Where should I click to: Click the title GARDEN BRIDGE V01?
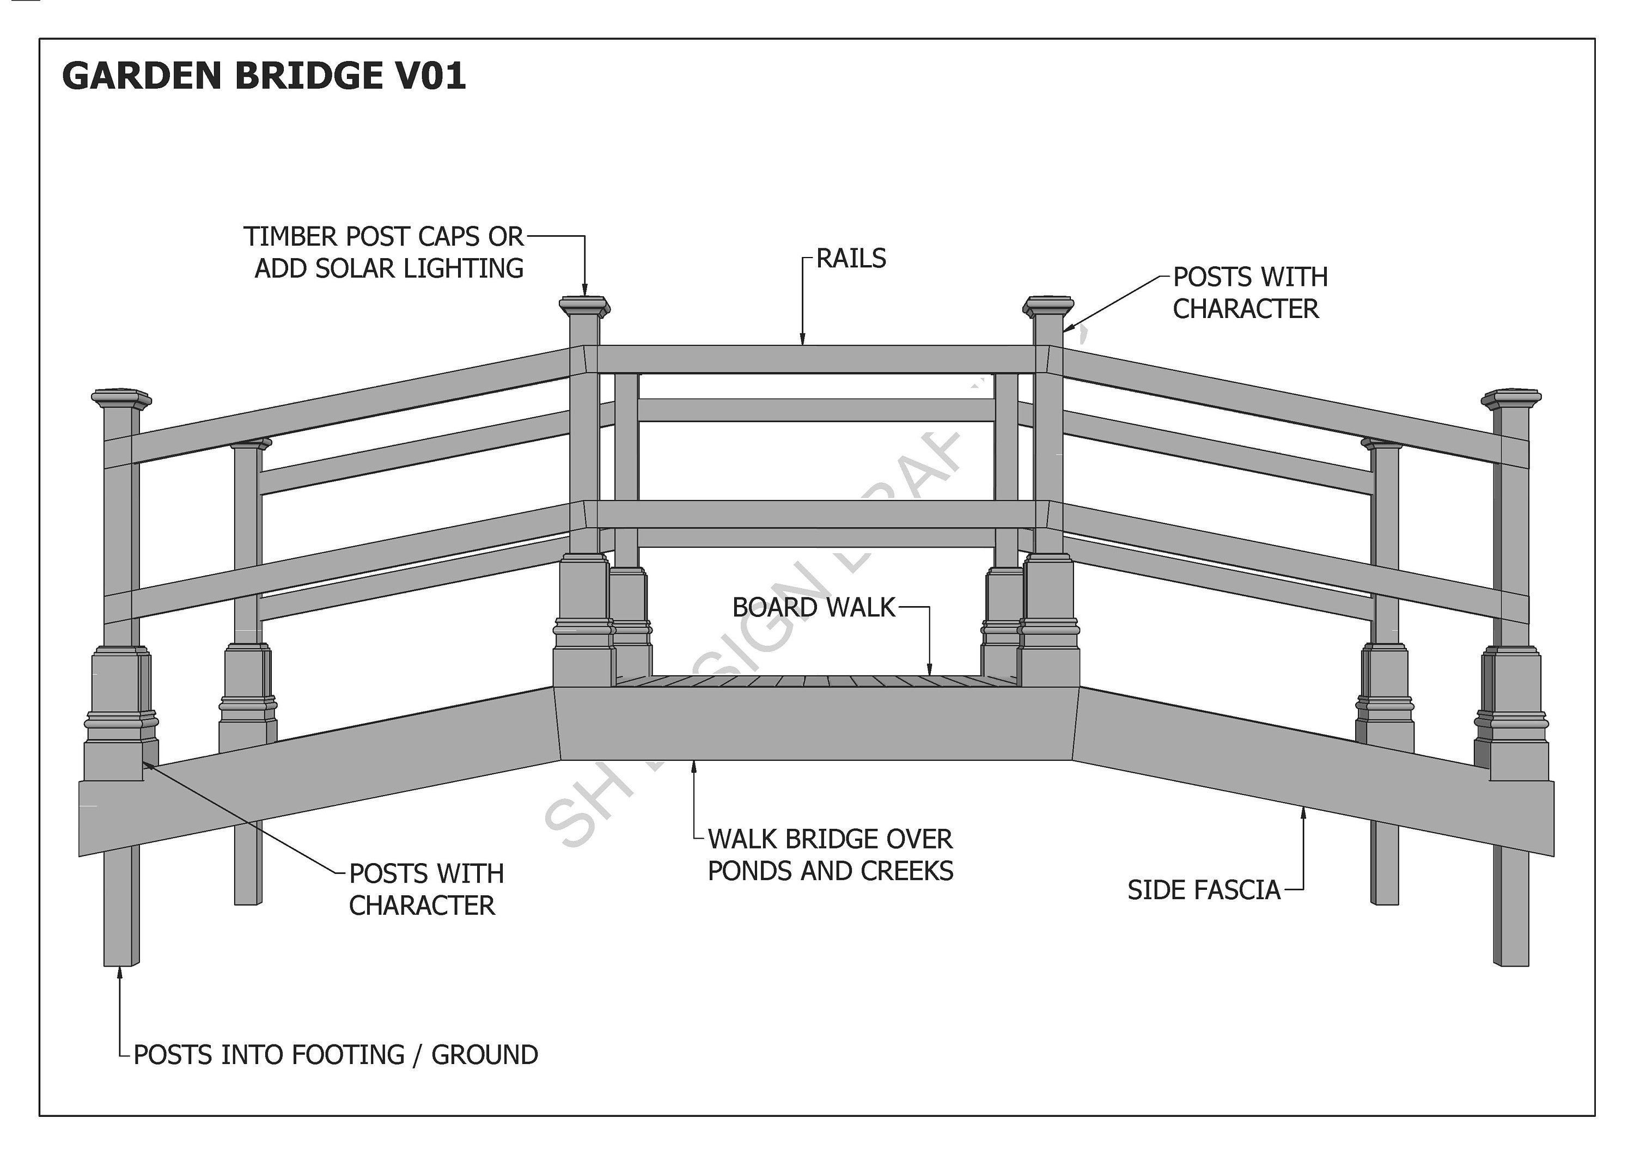tap(263, 76)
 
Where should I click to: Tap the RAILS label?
tap(850, 258)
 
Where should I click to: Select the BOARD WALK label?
tap(813, 608)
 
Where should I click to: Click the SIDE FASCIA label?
tap(1203, 890)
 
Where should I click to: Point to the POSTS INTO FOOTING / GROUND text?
tap(335, 1055)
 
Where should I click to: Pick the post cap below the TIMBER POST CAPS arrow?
tap(584, 307)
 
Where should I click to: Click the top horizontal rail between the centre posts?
tap(815, 359)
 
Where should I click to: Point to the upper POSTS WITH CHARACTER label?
tap(1249, 292)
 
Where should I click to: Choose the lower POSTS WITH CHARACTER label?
tap(425, 890)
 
